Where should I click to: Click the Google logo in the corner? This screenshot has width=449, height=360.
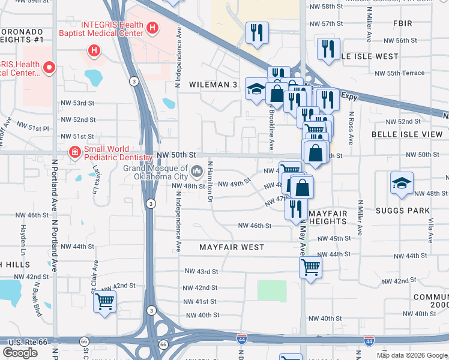coord(20,353)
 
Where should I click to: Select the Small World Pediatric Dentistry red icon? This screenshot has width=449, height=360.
coord(74,152)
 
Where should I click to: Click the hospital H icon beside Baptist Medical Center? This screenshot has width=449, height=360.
coord(152,28)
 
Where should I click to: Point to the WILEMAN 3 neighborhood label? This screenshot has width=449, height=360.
coord(212,85)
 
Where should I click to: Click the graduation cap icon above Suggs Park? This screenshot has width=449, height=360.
coord(402,183)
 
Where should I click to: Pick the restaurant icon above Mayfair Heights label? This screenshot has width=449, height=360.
coord(295,208)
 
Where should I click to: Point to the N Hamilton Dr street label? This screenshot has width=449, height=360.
coord(211,181)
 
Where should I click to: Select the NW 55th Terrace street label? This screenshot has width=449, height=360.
coord(400,73)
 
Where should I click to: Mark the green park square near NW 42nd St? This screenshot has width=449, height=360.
coord(272,291)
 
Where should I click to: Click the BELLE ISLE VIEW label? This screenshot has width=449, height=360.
coord(406,134)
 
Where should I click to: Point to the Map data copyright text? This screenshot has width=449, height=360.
coord(412,355)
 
